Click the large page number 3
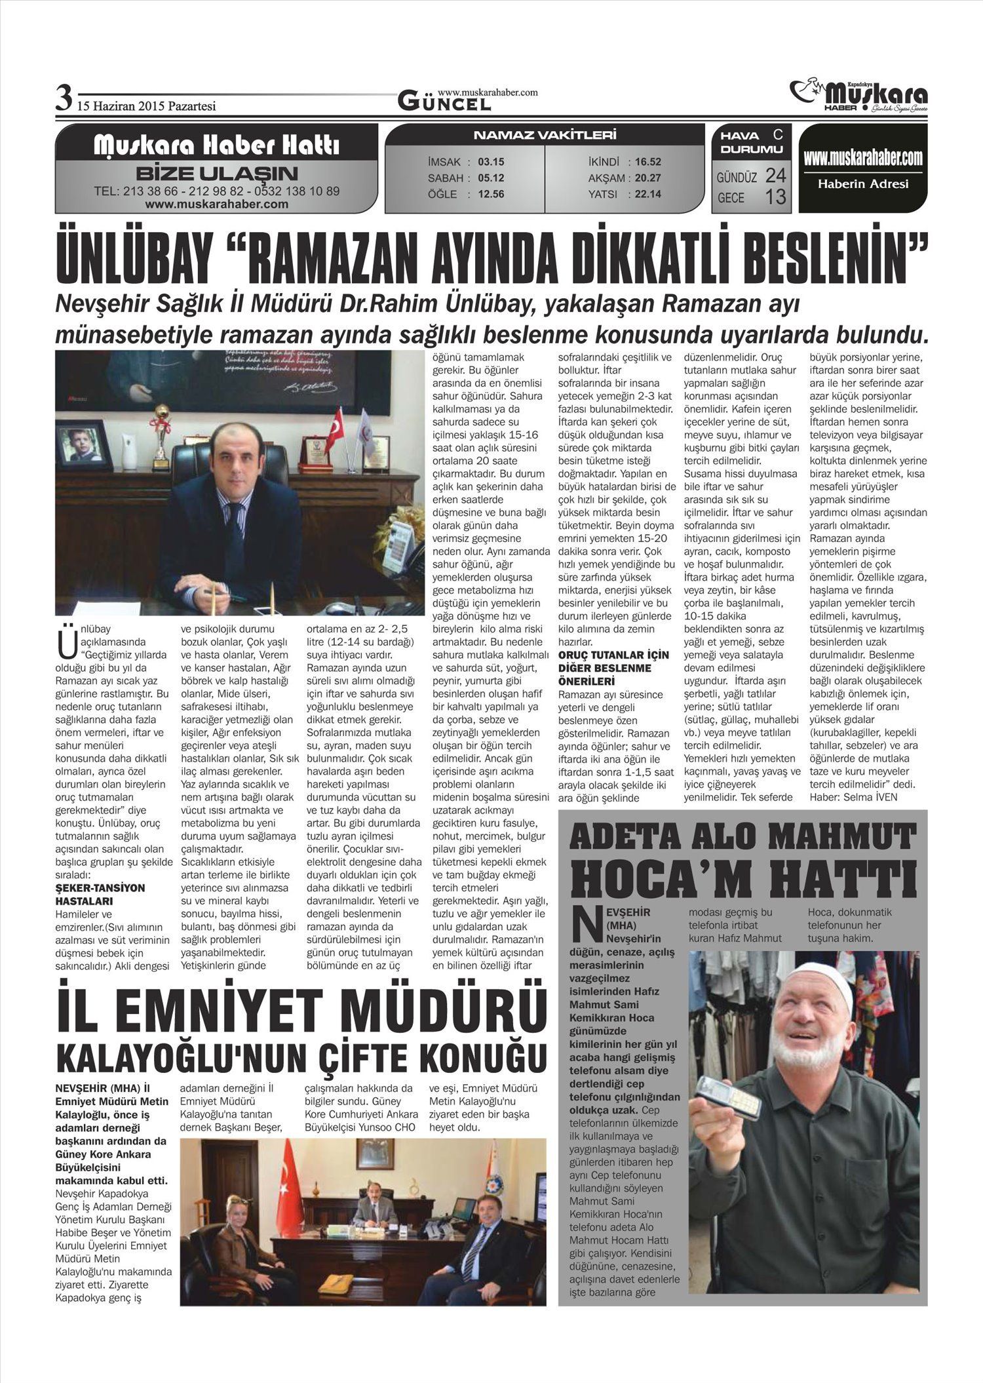(x=64, y=99)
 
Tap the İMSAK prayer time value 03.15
(x=491, y=162)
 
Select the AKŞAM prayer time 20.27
(x=647, y=178)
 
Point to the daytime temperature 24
(x=775, y=175)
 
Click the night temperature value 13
(x=775, y=196)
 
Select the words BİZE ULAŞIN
(x=216, y=174)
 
